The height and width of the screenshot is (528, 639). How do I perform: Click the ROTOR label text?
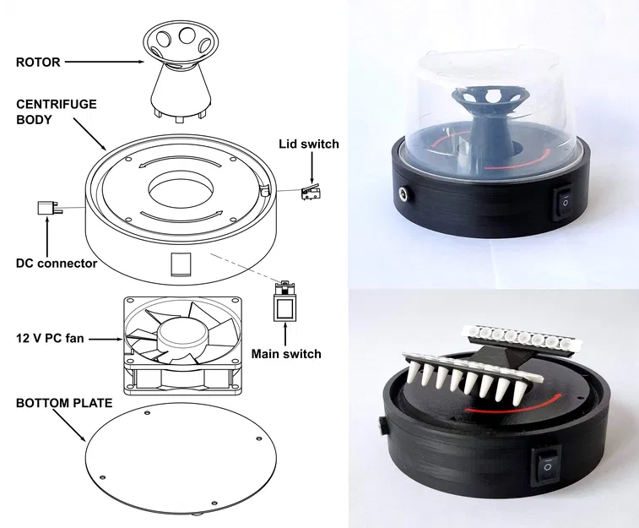(38, 62)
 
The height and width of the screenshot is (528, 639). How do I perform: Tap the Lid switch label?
(308, 144)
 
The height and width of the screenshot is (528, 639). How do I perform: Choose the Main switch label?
(286, 354)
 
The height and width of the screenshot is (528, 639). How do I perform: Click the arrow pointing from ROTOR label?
(106, 62)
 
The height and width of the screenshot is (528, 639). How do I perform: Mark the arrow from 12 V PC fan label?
(108, 340)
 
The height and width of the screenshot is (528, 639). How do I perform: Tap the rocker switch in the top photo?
(562, 200)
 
